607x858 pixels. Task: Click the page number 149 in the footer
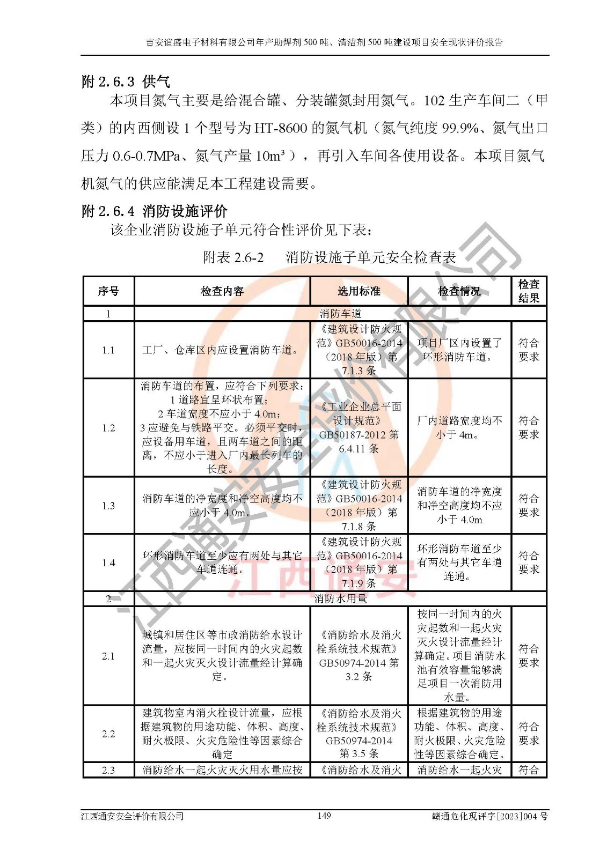[324, 816]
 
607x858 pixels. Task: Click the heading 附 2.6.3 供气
[126, 82]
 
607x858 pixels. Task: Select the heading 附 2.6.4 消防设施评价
[154, 211]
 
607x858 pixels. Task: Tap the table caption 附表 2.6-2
[233, 257]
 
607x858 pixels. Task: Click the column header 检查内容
[222, 291]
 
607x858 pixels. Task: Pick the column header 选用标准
[359, 291]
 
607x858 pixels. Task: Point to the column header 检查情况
[459, 291]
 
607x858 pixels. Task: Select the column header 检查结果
[529, 291]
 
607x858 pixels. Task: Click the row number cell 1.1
[108, 350]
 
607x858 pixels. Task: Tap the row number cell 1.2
[108, 428]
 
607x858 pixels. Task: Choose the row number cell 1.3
[108, 506]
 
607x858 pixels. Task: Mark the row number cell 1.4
[108, 563]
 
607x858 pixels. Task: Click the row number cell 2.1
[108, 656]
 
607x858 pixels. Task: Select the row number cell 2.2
[108, 734]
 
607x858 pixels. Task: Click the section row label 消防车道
[340, 314]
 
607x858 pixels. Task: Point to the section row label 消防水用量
[340, 599]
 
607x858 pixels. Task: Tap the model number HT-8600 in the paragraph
[281, 128]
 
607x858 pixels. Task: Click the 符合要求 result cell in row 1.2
[529, 428]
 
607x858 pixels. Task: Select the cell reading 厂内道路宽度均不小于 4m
[459, 428]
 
